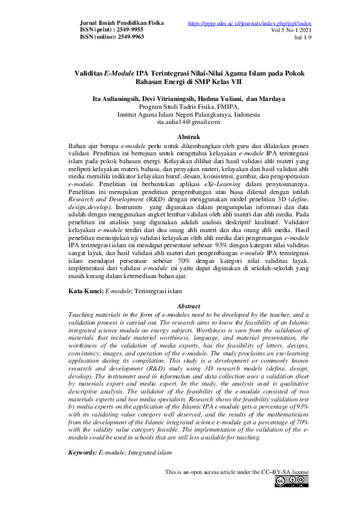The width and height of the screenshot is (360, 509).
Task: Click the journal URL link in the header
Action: tap(250, 23)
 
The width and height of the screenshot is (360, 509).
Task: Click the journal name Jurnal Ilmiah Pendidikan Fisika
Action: tap(122, 23)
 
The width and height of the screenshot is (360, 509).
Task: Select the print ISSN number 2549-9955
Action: tap(129, 30)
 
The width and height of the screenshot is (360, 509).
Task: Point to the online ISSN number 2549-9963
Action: tap(129, 36)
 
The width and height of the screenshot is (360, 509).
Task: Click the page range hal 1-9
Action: tap(301, 36)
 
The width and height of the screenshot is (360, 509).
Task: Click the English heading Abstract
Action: tap(187, 307)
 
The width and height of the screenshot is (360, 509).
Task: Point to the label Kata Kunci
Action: tap(86, 291)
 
